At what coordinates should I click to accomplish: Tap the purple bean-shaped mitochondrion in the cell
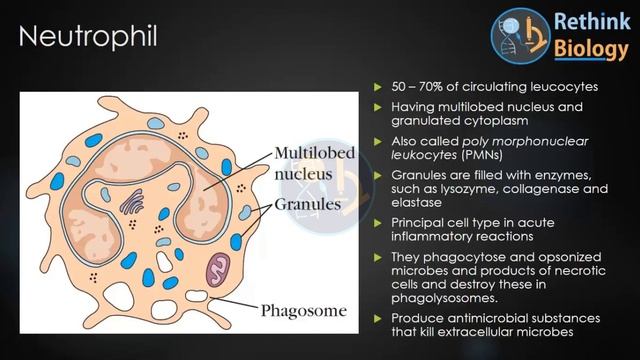(x=217, y=268)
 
